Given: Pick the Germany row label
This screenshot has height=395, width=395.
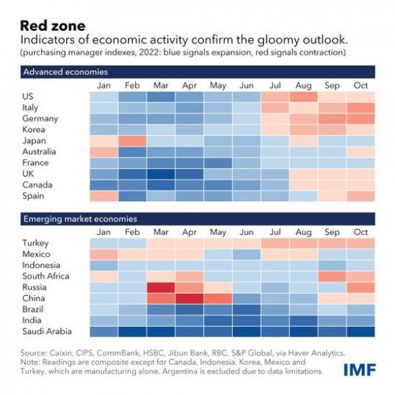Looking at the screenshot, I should [x=40, y=118].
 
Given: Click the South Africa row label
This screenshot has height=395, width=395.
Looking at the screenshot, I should [x=47, y=276].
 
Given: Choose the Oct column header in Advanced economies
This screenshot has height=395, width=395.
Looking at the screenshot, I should [x=360, y=86].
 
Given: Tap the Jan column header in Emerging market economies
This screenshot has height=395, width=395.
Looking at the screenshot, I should [x=103, y=232].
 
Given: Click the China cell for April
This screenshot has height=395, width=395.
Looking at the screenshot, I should [x=189, y=298].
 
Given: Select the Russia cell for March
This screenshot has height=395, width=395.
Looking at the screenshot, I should [x=161, y=287].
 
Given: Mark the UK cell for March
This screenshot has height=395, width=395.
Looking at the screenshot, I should [x=161, y=173].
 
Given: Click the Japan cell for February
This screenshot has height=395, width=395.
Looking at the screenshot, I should [x=132, y=141].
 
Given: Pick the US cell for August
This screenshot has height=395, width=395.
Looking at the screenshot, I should [x=303, y=96].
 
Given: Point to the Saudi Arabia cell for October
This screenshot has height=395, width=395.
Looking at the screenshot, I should [x=360, y=331].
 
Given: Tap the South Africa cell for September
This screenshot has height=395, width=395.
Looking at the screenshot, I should [x=332, y=276].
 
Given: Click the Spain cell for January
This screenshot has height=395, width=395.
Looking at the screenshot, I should [x=103, y=196].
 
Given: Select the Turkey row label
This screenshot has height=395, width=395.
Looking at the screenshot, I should [x=36, y=243].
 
